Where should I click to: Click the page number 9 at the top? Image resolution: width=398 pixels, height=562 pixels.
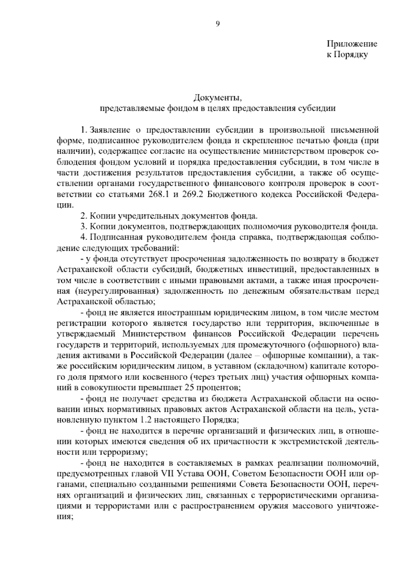click(218, 24)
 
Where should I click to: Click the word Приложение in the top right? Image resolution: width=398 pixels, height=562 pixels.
click(352, 44)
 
